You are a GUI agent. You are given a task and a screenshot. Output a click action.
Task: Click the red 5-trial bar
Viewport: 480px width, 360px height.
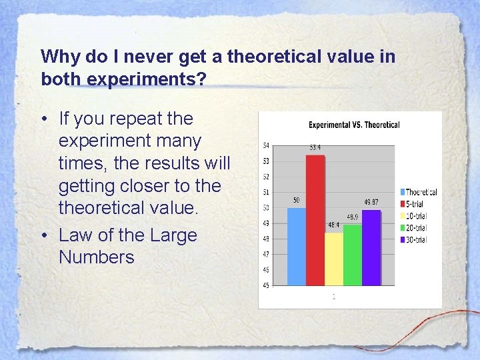tap(315, 220)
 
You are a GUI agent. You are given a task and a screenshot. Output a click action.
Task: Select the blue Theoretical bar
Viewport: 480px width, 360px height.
tap(297, 247)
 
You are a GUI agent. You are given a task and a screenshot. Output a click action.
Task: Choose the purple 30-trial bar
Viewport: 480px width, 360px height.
tap(371, 247)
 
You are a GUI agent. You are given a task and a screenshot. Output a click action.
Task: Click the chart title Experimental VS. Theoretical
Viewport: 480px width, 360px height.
tap(354, 125)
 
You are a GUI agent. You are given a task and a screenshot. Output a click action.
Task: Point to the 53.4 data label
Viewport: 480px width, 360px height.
tap(315, 147)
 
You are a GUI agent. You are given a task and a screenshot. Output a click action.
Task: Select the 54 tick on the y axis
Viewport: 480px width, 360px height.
tap(267, 145)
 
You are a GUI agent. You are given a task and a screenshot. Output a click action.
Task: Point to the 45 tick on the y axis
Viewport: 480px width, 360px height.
tap(267, 285)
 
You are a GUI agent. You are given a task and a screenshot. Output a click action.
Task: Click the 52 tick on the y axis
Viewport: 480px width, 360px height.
tap(267, 177)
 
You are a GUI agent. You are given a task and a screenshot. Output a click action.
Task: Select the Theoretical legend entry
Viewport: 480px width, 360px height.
tap(420, 192)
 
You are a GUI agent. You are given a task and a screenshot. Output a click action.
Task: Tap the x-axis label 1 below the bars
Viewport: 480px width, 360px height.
tap(333, 297)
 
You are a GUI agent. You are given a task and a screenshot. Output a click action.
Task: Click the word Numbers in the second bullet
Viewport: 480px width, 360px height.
tap(97, 257)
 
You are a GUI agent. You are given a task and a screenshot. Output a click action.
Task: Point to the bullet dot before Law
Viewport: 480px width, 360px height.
tap(44, 235)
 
